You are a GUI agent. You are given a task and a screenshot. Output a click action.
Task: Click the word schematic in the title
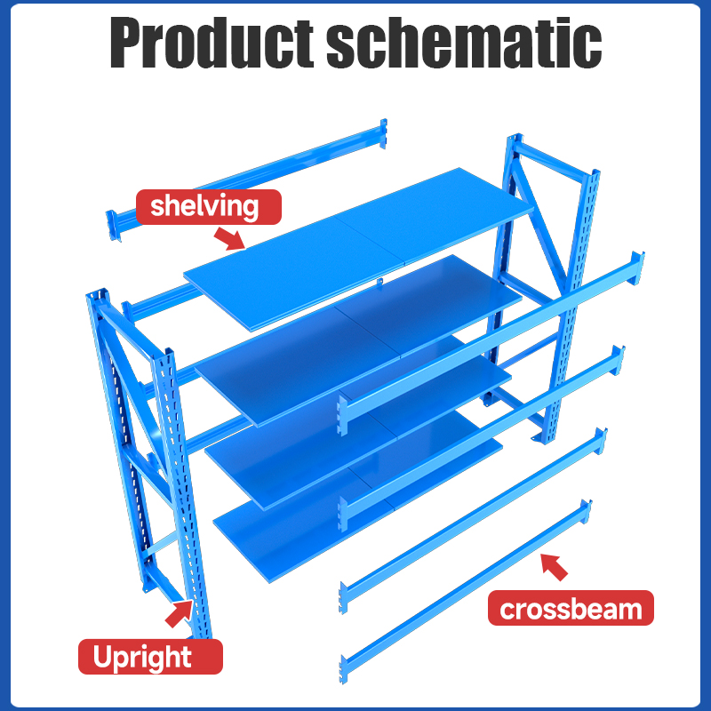(464, 42)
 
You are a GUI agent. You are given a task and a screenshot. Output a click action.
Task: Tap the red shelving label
(209, 207)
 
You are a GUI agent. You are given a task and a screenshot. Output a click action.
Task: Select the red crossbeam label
(571, 608)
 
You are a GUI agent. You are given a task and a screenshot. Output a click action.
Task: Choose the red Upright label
(150, 657)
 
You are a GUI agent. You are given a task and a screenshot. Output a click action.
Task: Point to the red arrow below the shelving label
(229, 238)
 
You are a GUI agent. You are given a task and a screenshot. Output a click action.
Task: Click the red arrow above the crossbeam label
(554, 567)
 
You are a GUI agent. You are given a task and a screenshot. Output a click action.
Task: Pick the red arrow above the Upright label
(180, 614)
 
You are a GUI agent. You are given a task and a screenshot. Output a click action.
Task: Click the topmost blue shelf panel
(358, 249)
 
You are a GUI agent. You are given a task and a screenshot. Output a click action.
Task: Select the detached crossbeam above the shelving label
(246, 180)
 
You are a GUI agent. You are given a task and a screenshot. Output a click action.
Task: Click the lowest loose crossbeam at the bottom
(466, 591)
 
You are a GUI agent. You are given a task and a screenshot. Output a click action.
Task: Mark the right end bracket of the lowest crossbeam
(587, 511)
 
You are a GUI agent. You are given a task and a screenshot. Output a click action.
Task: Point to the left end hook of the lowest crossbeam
(344, 669)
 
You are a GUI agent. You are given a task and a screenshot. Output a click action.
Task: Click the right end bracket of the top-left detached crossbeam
(384, 134)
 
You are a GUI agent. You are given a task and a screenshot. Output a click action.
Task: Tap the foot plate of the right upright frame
(539, 437)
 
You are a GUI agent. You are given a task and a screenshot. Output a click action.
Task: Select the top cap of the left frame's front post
(169, 354)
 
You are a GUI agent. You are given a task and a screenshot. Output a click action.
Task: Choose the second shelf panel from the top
(358, 340)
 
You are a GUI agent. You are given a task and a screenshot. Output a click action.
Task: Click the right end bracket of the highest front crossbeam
(636, 268)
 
